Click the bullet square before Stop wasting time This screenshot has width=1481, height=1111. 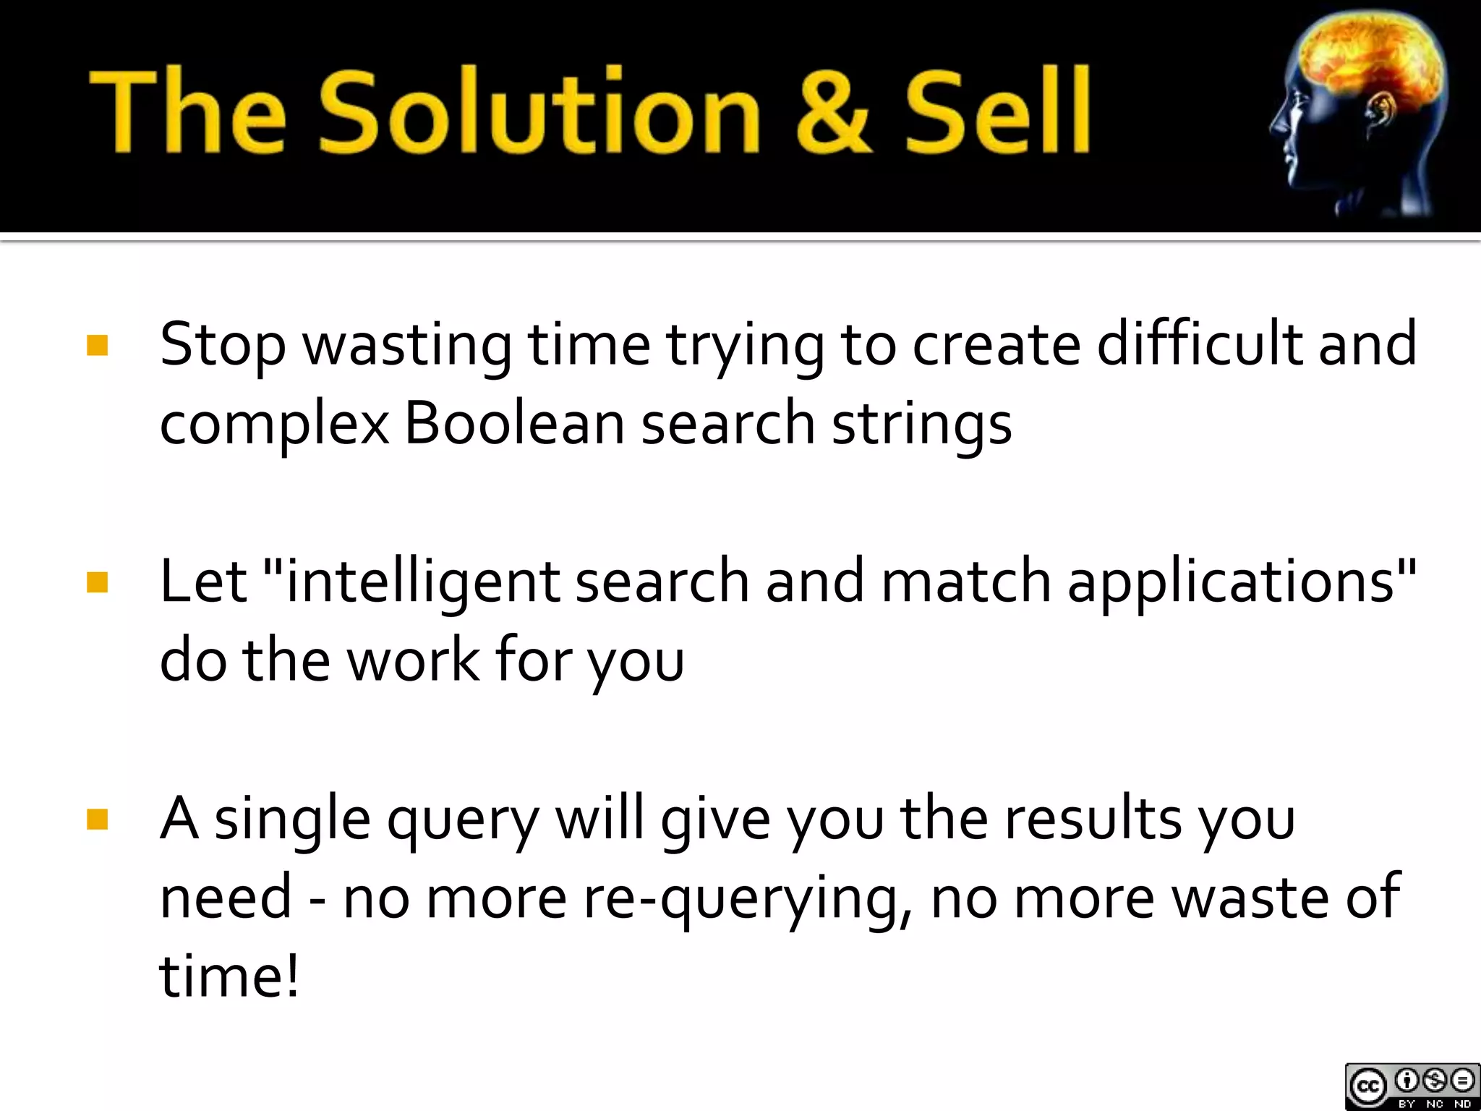97,345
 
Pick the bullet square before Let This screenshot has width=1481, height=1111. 97,582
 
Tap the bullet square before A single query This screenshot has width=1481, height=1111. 97,820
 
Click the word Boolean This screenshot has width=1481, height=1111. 514,423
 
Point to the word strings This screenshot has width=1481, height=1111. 921,425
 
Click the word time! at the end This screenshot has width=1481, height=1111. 229,976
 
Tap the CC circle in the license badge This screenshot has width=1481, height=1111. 1367,1086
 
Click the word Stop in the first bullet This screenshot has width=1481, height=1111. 223,346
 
